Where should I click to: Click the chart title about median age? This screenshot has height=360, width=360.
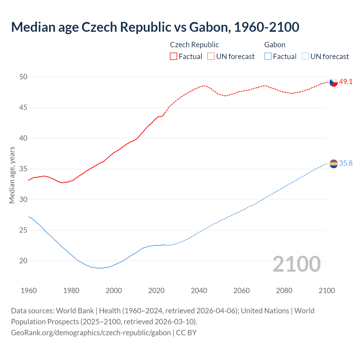pos(155,27)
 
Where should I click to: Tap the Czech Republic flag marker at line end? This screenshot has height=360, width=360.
pos(333,82)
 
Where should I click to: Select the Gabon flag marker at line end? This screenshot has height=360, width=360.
pos(333,163)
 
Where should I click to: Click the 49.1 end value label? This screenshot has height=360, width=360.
pos(346,82)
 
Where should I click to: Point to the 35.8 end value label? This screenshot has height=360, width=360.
pos(346,163)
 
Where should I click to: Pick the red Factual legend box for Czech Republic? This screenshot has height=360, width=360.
pos(174,57)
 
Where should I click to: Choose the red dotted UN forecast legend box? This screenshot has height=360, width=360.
pos(211,57)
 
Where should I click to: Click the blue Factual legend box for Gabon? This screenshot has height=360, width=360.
pos(268,57)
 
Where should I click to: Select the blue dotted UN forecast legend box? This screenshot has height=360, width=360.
pos(305,57)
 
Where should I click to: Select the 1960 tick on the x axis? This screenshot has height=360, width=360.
pos(29,291)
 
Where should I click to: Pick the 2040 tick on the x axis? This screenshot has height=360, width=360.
pos(199,291)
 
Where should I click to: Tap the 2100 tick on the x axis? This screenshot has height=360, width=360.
pos(327,291)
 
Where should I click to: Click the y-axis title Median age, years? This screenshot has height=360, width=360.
pos(12,175)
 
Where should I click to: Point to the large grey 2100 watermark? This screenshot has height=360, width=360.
pos(296,264)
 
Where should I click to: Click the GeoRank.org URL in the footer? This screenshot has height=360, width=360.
pos(91,333)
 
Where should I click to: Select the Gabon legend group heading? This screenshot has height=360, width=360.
pos(275,45)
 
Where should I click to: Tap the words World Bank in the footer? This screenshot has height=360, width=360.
pos(75,311)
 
